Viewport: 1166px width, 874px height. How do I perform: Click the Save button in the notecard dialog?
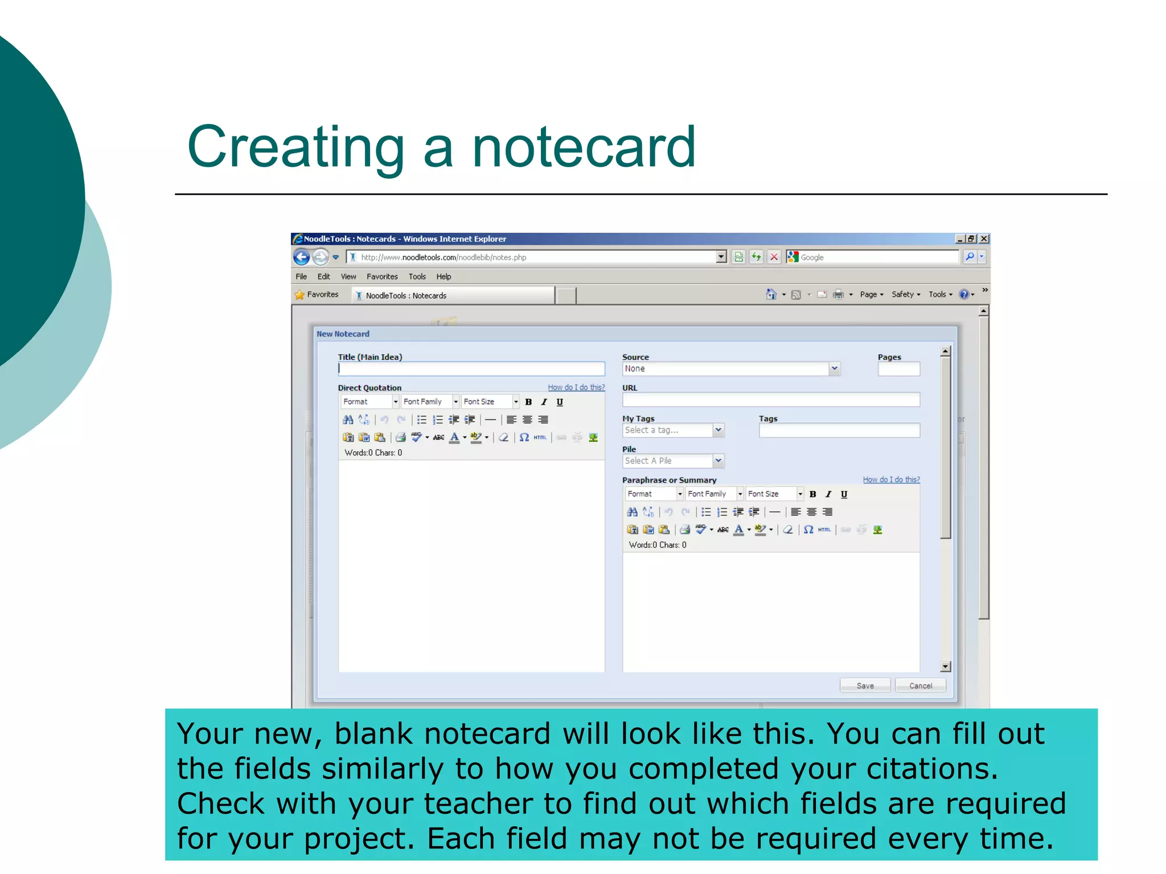point(864,686)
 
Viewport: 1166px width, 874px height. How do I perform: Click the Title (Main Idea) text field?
point(471,369)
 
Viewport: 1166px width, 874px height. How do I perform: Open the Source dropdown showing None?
point(730,369)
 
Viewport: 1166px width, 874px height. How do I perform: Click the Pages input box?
point(898,369)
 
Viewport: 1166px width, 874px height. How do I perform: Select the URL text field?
point(770,399)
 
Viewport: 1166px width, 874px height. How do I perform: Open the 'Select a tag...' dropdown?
point(672,430)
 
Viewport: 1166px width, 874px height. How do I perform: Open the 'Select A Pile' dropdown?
point(672,461)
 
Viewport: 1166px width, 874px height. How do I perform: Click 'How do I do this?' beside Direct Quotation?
point(576,387)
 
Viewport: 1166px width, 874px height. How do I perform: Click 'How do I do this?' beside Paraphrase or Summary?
point(891,480)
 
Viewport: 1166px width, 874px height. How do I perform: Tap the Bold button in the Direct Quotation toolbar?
point(528,402)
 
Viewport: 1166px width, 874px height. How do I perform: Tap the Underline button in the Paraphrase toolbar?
point(844,494)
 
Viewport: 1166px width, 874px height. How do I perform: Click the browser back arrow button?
point(302,257)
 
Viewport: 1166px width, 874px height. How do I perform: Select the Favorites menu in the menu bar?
point(382,277)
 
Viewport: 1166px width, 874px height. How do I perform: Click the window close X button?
point(983,239)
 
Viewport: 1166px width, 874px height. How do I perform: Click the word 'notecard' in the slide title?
point(584,147)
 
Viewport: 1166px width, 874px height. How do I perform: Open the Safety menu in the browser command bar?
point(905,294)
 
